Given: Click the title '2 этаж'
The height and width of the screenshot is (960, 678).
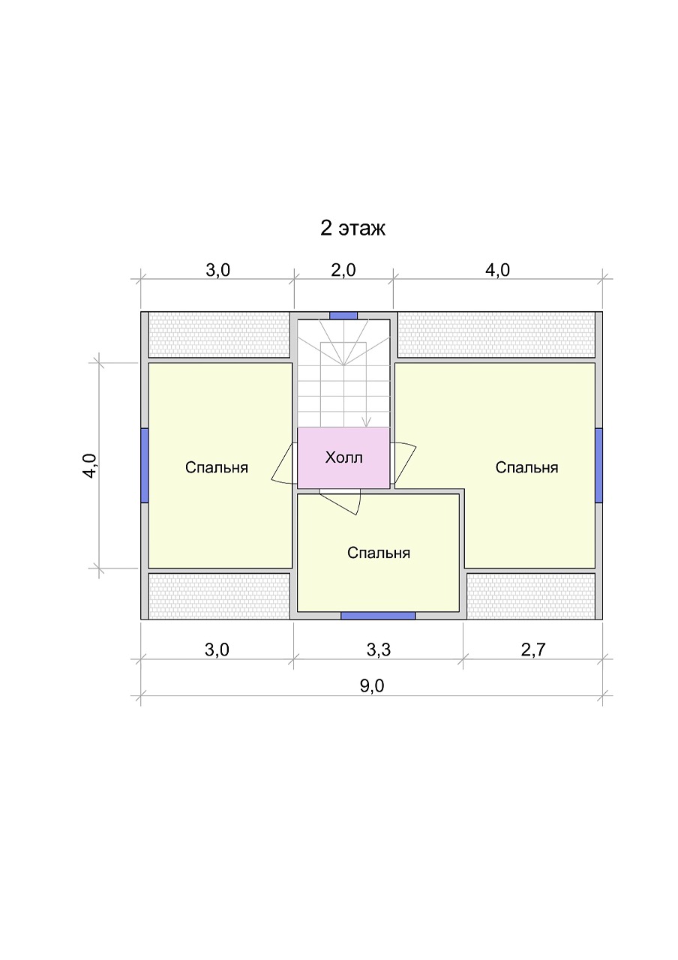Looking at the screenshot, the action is point(352,228).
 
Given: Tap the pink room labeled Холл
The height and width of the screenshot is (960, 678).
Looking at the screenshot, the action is point(343,457).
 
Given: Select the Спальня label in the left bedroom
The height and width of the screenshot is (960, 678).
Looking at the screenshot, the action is point(217,467).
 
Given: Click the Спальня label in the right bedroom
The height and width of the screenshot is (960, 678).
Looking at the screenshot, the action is point(526,467).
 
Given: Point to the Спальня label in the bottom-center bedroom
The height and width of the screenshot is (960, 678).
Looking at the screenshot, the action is point(379,553).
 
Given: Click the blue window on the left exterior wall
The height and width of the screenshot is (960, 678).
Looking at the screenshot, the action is point(145,465).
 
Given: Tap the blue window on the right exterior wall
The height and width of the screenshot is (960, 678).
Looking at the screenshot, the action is point(598,465).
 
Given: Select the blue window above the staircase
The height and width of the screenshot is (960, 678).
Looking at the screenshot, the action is point(343,316).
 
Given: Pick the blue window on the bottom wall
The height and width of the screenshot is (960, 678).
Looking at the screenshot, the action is point(378,616).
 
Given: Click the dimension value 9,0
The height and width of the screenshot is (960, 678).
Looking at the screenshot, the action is point(372,686).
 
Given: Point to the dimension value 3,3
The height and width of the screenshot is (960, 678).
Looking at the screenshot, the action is point(379,650).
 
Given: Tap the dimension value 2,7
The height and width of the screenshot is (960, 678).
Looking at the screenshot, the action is point(533,650).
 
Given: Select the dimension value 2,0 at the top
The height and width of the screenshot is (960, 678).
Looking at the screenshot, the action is point(343,271).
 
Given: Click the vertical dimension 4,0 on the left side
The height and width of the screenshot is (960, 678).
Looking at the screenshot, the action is point(91,466).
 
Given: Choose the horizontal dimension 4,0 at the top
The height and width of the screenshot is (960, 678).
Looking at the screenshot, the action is point(497,271).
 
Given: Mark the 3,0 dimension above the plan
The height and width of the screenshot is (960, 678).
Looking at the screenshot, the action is point(217,271).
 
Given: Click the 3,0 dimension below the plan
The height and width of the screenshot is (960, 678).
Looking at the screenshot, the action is point(217,650).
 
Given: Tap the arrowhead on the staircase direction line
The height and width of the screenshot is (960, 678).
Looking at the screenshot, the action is point(365,423).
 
